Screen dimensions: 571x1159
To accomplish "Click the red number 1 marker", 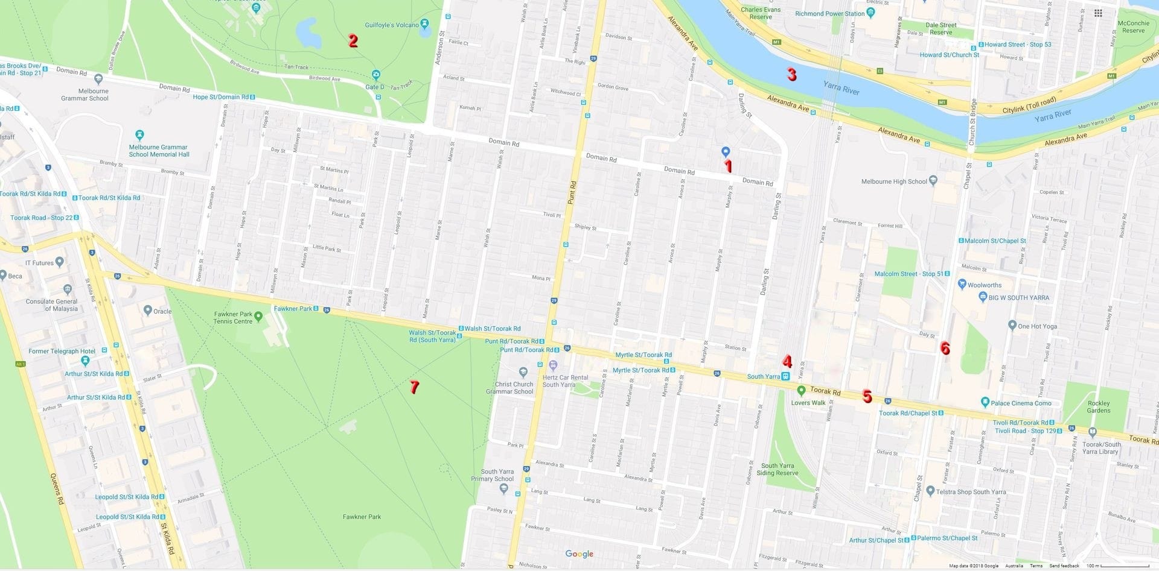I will [728, 166].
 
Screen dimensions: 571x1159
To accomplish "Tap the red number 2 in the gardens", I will [353, 40].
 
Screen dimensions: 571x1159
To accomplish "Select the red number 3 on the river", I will [791, 74].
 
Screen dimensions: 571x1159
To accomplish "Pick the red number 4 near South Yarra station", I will [787, 361].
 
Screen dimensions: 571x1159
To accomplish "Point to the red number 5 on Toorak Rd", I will [867, 396].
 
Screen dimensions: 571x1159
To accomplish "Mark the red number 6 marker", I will [945, 348].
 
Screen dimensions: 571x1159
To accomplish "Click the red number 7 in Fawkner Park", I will [414, 387].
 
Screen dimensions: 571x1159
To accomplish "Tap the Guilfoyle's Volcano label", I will [392, 25].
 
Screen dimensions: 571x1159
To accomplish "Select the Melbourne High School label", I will [894, 181].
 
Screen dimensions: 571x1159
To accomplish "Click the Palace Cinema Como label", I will [1021, 403].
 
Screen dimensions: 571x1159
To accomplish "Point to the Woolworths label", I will [985, 285].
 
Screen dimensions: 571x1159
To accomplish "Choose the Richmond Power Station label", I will [829, 14].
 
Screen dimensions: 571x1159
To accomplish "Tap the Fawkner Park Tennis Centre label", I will [233, 318].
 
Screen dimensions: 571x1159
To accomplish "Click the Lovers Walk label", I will [808, 403].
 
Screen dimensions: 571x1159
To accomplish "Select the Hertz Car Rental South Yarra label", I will [565, 381].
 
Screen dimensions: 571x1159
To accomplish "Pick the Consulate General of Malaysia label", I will [52, 305].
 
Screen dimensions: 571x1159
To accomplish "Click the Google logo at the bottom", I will [579, 554].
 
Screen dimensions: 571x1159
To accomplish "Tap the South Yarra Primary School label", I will [497, 475].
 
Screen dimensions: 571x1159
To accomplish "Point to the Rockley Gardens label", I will [1099, 407].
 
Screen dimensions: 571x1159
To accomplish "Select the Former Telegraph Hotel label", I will [62, 352].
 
